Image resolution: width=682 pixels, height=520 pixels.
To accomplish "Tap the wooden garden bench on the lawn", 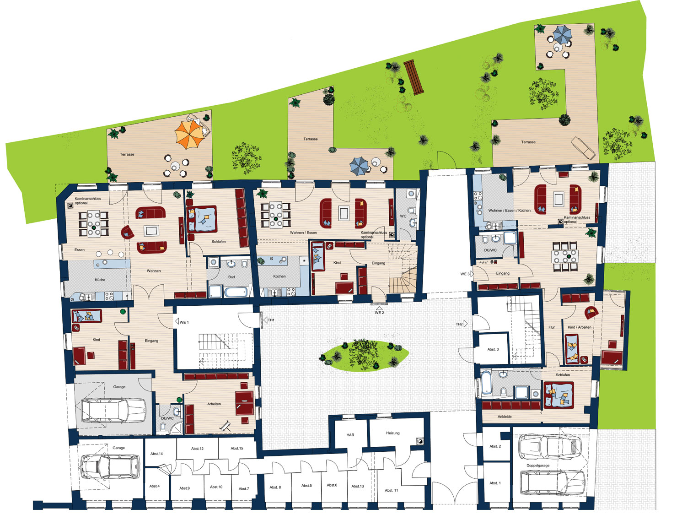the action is (413, 77).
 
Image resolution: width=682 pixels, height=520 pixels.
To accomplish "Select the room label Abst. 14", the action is (156, 454).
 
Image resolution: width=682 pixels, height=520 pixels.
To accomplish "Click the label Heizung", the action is (392, 433).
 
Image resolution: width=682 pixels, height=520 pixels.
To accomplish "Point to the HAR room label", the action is (350, 435).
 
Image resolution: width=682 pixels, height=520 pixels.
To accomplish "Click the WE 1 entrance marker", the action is (182, 322).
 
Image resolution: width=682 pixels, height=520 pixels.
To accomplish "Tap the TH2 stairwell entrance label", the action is (461, 324).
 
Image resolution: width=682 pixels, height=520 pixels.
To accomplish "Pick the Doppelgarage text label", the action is (538, 465).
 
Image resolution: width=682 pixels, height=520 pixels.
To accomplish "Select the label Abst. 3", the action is (493, 349).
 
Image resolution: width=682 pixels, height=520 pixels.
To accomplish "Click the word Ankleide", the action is (504, 417).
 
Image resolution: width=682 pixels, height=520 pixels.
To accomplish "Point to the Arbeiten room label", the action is (214, 404).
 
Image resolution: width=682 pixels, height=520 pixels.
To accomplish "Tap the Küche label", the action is (100, 279).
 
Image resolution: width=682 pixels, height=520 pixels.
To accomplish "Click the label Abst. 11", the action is (391, 490).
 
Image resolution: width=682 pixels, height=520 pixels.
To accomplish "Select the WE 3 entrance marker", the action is (467, 274).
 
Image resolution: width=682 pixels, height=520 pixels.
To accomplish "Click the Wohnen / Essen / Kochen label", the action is (509, 211).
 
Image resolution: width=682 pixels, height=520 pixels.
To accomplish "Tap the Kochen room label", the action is (279, 276).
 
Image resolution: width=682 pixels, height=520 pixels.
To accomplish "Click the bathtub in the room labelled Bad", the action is (236, 292).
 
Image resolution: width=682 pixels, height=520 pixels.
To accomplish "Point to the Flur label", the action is (552, 327).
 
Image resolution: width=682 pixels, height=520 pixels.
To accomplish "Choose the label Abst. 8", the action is (275, 487).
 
